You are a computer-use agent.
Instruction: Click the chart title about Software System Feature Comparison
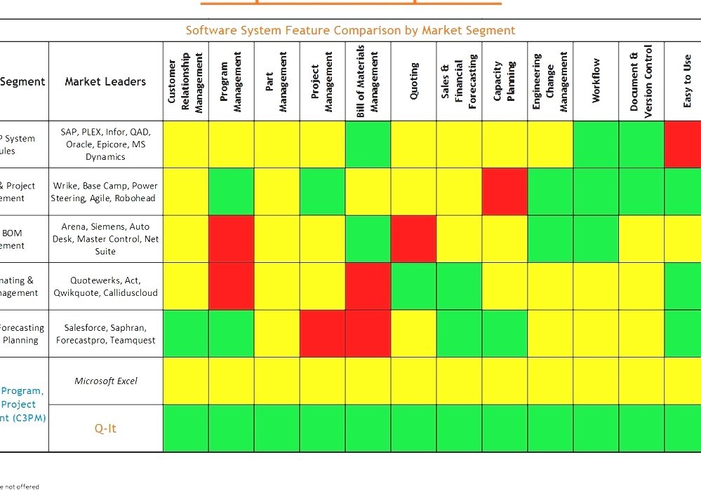350,30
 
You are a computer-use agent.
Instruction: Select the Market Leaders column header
105,81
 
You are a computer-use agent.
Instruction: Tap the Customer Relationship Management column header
185,81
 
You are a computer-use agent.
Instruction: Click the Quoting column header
414,81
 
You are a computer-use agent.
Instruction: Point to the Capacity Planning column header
505,81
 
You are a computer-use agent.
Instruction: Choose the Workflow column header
596,81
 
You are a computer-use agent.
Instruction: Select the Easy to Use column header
687,81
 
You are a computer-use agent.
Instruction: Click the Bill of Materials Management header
368,81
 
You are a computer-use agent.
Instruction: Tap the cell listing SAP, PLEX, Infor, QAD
105,144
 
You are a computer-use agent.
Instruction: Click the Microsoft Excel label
105,381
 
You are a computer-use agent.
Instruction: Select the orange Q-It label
105,428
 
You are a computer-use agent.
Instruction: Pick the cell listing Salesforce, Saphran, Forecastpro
105,334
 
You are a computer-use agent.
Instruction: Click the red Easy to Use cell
683,144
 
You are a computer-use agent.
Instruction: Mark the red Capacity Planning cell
505,191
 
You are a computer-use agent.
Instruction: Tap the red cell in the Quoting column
414,239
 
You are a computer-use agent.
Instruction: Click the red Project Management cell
323,334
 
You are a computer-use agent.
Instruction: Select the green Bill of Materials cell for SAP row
368,144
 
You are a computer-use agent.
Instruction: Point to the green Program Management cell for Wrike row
232,191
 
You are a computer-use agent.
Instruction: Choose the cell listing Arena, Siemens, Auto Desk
105,239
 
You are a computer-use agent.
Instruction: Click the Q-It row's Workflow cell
596,428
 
